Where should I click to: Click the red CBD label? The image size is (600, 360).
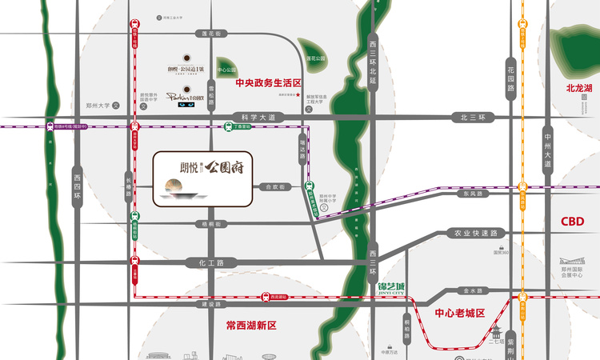point(571,222)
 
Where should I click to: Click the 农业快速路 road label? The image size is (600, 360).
point(476,233)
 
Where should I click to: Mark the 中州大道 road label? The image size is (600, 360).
point(547,151)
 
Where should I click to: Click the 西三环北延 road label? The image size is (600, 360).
point(372,58)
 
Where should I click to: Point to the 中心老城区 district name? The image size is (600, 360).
point(459,314)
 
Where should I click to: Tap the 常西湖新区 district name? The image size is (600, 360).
point(250,326)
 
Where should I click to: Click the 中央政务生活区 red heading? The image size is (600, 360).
point(266,82)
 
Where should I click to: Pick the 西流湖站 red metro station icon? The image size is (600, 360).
point(265,297)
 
